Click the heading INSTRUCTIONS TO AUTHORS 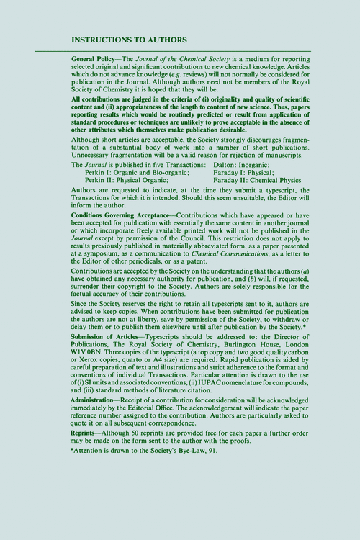coord(130,40)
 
